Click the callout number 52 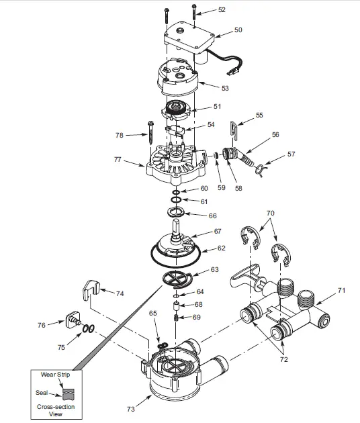[222, 10]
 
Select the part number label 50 [238, 30]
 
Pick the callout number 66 [213, 216]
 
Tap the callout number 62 [221, 248]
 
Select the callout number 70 [270, 213]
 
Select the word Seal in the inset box [41, 393]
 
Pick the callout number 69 [197, 317]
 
